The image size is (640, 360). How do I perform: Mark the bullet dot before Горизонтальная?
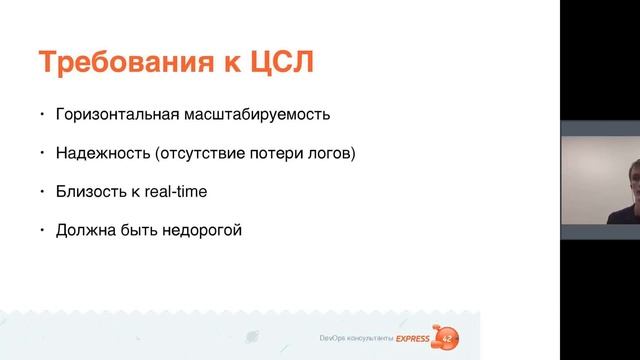pyautogui.click(x=42, y=112)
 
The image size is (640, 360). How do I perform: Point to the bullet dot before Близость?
pyautogui.click(x=42, y=190)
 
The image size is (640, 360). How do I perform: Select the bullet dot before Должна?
pyautogui.click(x=42, y=228)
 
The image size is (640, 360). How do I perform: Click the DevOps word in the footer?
pyautogui.click(x=331, y=342)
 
